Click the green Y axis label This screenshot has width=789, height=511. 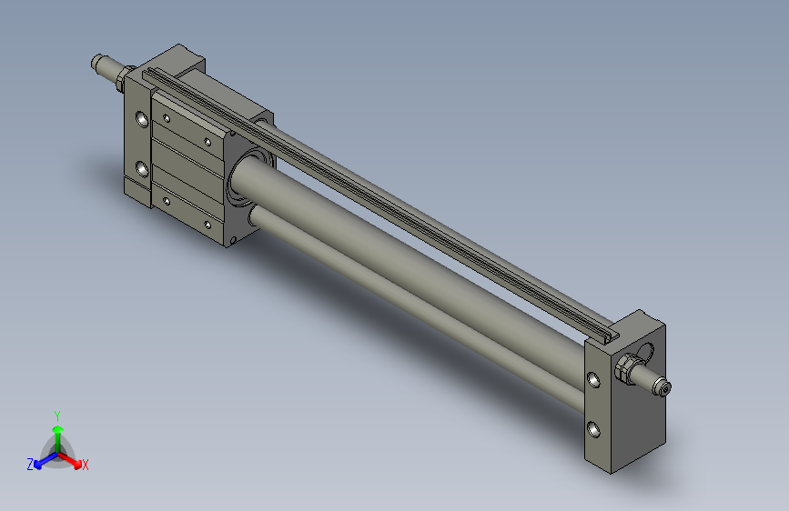click(x=56, y=414)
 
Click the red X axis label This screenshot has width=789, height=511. click(x=86, y=465)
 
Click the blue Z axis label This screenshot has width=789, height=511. click(x=30, y=464)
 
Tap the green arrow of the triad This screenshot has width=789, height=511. click(x=57, y=432)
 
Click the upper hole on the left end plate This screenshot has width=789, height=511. click(x=142, y=119)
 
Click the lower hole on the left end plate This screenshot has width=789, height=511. click(x=142, y=167)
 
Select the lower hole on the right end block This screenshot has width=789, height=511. click(x=593, y=428)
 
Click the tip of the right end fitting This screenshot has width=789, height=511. click(x=665, y=389)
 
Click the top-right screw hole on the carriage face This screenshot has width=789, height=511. click(x=208, y=141)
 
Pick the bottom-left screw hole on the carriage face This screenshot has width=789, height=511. click(x=167, y=199)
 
